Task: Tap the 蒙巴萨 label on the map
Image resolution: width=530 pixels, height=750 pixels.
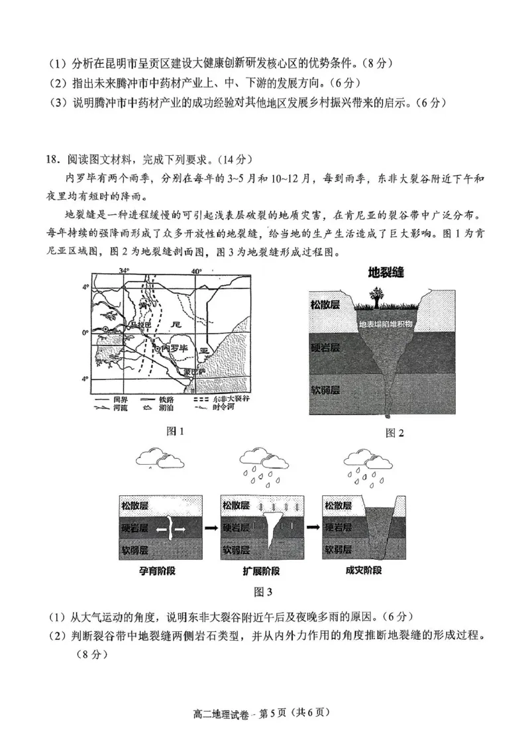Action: pyautogui.click(x=192, y=372)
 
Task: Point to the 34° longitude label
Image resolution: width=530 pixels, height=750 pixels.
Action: pyautogui.click(x=124, y=271)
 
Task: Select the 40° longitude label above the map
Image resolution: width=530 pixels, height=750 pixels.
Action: pyautogui.click(x=195, y=271)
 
